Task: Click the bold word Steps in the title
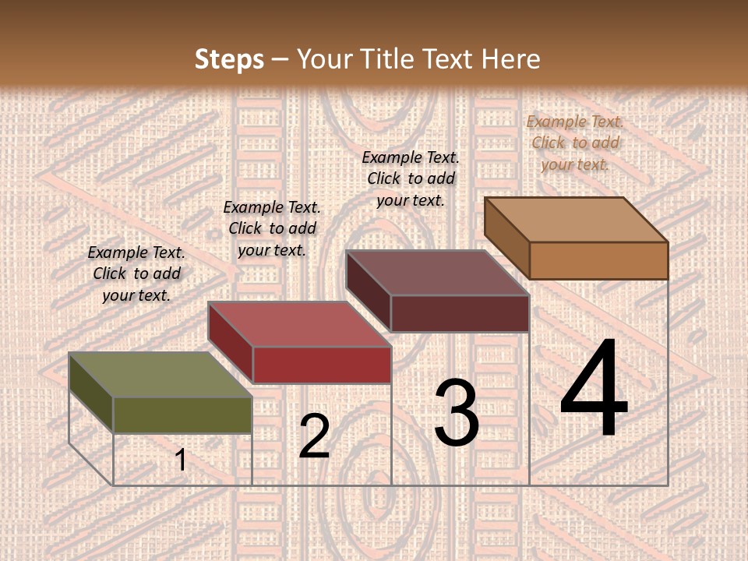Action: (229, 59)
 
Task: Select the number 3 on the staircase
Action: (457, 413)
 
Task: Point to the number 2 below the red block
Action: (314, 436)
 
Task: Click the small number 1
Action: (180, 460)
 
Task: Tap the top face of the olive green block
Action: (161, 375)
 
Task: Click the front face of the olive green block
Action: (182, 415)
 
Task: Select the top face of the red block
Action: (300, 324)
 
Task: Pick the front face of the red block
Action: (322, 365)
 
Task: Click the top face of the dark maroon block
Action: (438, 273)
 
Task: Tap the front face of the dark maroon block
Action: (460, 313)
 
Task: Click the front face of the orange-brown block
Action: (598, 260)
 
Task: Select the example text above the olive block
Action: (136, 274)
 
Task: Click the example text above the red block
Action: (272, 228)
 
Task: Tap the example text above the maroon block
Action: (411, 178)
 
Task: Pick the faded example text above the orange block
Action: (575, 143)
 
